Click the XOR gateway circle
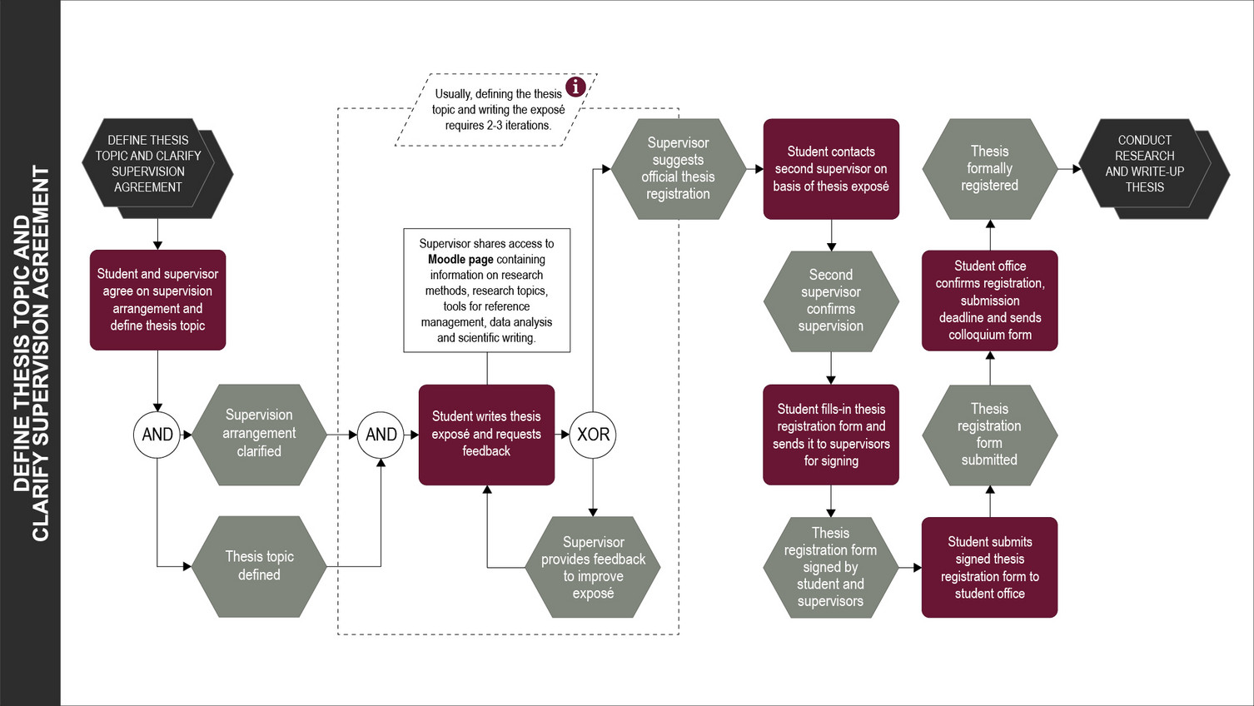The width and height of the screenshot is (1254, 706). [x=593, y=435]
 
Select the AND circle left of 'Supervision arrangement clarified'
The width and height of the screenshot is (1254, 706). [x=157, y=435]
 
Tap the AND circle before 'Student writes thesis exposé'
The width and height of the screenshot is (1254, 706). [x=381, y=435]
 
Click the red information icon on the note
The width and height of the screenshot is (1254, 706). [x=575, y=87]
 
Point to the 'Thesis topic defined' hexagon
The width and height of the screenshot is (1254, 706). [x=259, y=566]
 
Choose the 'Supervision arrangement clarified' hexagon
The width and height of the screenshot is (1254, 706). [x=259, y=434]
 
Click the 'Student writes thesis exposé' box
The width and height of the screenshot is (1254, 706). [x=486, y=434]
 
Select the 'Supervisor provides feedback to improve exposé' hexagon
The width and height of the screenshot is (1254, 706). [x=593, y=567]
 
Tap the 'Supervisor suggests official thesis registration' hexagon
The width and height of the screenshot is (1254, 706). [x=678, y=168]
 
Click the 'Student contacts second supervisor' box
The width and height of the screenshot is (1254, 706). [x=831, y=169]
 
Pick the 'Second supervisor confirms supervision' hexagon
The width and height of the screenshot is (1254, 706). [x=831, y=301]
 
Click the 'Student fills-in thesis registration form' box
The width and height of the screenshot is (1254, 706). [x=831, y=435]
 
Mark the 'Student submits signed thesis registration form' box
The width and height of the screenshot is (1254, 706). [x=989, y=567]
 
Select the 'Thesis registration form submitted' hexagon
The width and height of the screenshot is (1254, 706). [x=989, y=435]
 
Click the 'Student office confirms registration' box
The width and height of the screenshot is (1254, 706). [x=989, y=301]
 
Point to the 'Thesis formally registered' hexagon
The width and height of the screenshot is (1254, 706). [x=989, y=168]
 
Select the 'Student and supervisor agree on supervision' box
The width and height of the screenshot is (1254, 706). [x=157, y=300]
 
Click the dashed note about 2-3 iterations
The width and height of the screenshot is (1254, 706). [x=498, y=110]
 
